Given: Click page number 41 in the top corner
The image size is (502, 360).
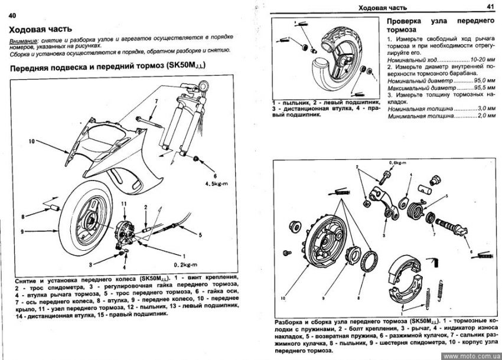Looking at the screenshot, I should (490, 6).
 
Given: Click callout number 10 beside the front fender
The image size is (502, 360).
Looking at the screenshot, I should (31, 141).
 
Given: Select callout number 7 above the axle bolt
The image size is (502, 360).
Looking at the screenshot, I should (157, 104).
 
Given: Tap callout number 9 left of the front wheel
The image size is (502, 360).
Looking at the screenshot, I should (23, 232).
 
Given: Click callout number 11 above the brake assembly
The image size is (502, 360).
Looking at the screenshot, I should (124, 204).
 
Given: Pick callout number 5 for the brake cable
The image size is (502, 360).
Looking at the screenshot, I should (200, 234).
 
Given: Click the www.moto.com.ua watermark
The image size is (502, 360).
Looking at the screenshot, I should (470, 355).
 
